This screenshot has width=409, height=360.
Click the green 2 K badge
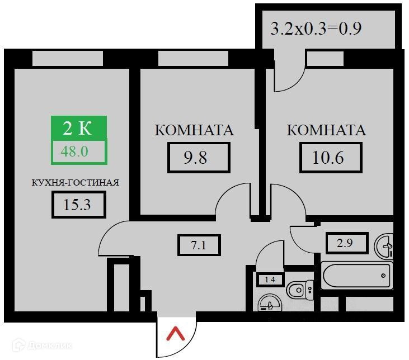[x=78, y=128]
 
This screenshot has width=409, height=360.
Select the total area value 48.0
[x=78, y=151]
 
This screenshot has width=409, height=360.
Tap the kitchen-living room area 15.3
[x=78, y=205]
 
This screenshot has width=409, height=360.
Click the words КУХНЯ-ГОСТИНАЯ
[x=75, y=182]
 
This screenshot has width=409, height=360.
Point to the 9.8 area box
[x=199, y=158]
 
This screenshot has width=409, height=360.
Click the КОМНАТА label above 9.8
[x=194, y=131]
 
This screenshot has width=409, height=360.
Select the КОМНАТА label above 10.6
[x=326, y=131]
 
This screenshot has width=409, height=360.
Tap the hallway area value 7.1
[x=199, y=245]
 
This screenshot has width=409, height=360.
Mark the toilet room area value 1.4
[x=270, y=280]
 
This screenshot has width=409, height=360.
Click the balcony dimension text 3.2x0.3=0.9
[x=315, y=29]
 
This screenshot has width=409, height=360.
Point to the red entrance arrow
[x=176, y=335]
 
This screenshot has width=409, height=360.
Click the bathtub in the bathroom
[x=356, y=274]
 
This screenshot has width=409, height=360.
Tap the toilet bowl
[x=299, y=289]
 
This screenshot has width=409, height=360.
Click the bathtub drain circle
[x=384, y=274]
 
